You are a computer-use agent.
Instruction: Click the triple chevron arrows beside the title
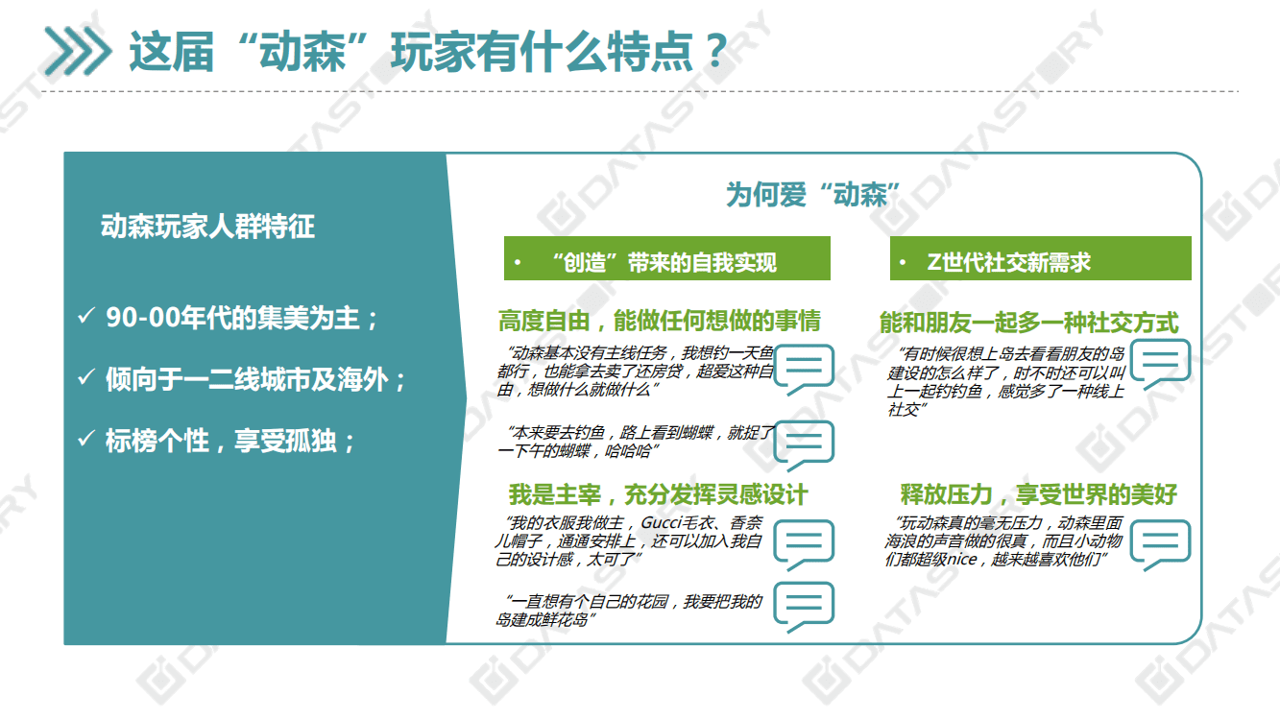click(x=78, y=50)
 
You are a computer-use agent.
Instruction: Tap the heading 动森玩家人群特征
click(x=207, y=227)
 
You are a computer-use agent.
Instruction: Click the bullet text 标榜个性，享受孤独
click(x=230, y=442)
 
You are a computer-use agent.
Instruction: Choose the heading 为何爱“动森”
click(x=811, y=195)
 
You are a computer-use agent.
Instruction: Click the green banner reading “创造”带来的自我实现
click(x=666, y=262)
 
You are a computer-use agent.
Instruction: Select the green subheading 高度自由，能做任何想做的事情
click(x=660, y=321)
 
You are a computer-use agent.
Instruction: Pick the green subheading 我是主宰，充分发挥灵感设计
click(x=658, y=494)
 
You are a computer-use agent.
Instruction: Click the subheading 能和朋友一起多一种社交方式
click(x=1028, y=323)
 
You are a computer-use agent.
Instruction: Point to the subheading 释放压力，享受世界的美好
click(x=1038, y=494)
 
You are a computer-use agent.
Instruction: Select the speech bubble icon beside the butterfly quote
click(x=804, y=444)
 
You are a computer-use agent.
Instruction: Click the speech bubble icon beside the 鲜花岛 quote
click(x=804, y=606)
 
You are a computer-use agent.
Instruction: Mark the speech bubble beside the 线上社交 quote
click(x=1160, y=366)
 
